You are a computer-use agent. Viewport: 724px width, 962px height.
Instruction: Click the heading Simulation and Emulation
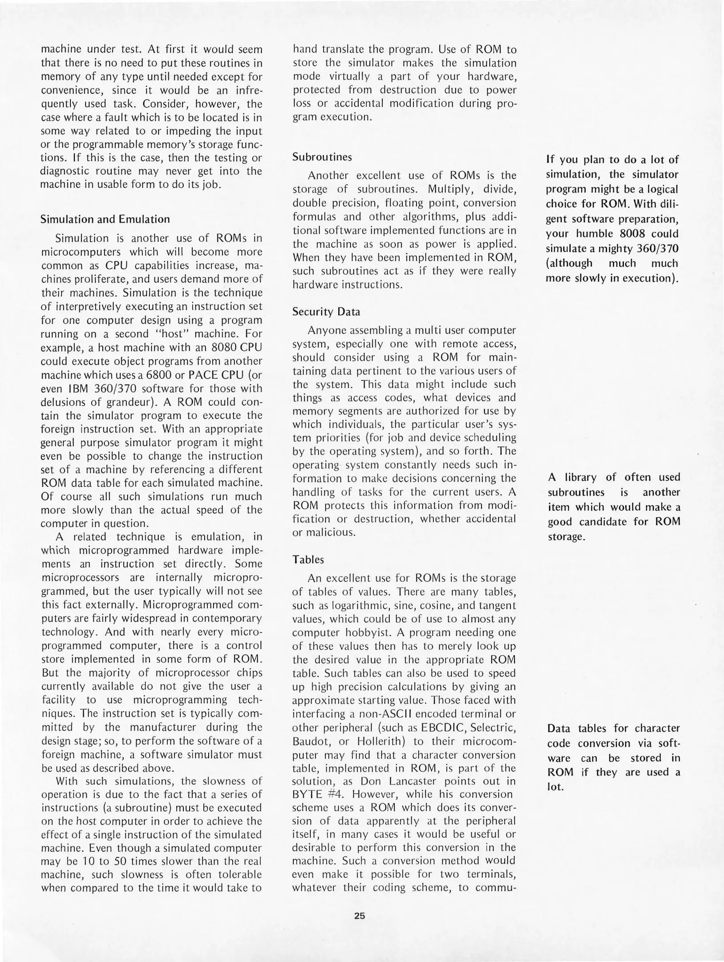click(x=105, y=219)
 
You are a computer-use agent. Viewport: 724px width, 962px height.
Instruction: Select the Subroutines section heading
click(x=322, y=157)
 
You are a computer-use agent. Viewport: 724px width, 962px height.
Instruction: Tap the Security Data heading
click(x=326, y=312)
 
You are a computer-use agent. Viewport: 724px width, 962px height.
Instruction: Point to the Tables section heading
click(x=308, y=559)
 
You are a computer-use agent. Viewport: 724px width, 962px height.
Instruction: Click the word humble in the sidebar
click(x=595, y=234)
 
